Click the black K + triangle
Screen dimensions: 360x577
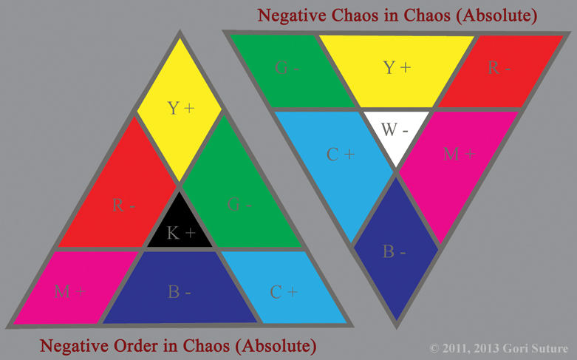180,225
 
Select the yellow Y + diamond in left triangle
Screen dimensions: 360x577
180,109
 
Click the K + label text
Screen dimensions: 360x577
180,234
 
